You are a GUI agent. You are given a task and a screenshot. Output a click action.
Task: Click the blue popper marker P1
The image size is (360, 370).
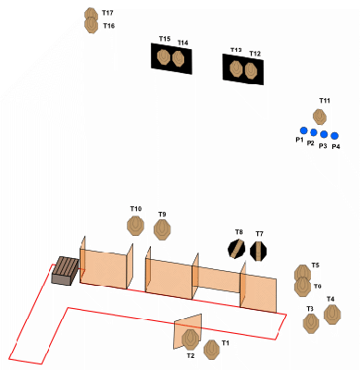tap(304, 130)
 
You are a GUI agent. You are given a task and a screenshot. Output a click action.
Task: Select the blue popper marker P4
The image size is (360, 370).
tap(335, 136)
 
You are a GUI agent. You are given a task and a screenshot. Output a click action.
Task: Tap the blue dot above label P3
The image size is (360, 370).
tap(324, 134)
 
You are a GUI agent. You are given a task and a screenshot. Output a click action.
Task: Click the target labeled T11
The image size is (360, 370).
tap(320, 117)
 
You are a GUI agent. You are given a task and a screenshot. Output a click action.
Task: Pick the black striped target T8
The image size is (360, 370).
tap(236, 249)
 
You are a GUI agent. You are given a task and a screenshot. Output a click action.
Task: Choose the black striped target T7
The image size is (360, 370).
tap(258, 251)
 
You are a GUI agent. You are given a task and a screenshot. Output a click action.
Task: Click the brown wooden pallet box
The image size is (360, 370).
tap(65, 271)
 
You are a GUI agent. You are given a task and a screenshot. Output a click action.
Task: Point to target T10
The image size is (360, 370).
tap(135, 226)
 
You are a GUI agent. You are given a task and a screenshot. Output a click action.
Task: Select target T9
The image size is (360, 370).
tap(162, 229)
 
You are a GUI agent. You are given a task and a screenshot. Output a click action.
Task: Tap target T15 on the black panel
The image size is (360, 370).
tap(163, 56)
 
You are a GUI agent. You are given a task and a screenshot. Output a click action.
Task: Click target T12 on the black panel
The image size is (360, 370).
tap(251, 70)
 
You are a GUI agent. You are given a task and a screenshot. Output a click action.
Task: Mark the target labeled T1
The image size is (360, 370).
tap(212, 350)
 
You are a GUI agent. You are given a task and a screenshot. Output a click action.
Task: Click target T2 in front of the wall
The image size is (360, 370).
tap(190, 339)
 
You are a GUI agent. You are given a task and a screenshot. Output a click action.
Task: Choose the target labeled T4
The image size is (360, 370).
tap(332, 314)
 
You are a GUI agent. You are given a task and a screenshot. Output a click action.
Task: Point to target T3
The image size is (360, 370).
tap(311, 324)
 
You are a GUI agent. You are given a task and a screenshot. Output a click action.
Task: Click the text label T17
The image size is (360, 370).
tap(107, 13)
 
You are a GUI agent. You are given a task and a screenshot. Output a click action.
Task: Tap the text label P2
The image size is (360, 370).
tap(311, 143)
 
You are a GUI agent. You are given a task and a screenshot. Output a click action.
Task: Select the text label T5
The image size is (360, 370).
tap(316, 265)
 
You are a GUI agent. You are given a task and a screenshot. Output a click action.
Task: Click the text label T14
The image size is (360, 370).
tap(183, 43)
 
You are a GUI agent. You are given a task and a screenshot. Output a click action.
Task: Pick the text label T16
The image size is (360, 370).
tap(109, 26)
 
